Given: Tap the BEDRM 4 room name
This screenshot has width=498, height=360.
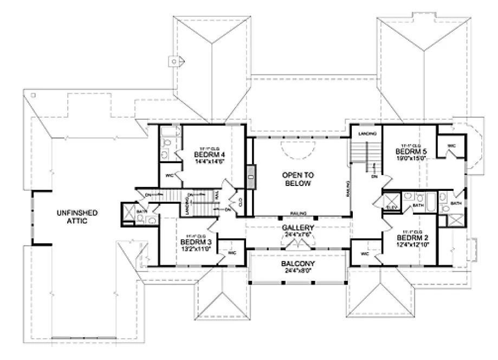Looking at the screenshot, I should click(x=206, y=155).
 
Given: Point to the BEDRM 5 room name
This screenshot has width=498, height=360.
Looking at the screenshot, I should click(x=411, y=152).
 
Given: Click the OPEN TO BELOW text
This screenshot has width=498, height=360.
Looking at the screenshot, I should click(x=296, y=179).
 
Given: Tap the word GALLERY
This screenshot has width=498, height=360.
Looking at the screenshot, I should click(x=297, y=228).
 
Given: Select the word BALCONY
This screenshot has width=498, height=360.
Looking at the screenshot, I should click(x=297, y=264).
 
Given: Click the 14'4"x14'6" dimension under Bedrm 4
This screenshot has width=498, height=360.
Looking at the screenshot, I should click(x=206, y=161).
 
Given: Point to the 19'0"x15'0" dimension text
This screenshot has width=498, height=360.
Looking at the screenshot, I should click(x=411, y=158).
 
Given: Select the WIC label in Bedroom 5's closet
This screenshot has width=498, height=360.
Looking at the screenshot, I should click(x=451, y=145).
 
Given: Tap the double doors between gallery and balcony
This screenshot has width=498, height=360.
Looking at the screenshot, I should click(x=297, y=245).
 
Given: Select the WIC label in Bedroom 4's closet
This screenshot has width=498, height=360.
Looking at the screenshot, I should click(x=169, y=175).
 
